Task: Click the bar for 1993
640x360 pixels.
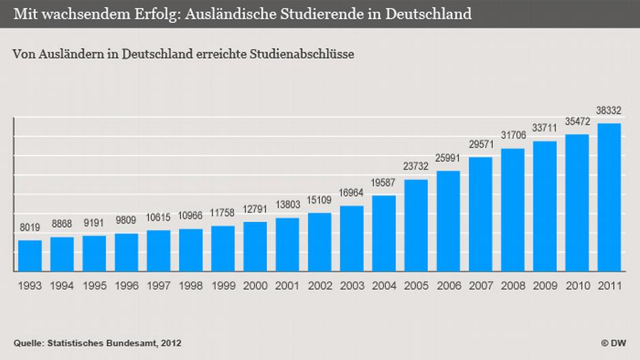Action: point(30,256)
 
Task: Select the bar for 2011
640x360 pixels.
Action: point(609,197)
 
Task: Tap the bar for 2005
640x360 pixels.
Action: point(416,225)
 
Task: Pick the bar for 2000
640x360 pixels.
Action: point(255,246)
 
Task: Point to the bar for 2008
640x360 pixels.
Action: point(513,210)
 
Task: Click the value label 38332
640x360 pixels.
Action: point(609,110)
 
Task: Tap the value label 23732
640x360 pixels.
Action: point(416,167)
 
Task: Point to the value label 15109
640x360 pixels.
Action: point(319,201)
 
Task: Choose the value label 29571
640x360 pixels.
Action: point(481,145)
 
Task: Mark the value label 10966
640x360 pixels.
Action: point(191,216)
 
